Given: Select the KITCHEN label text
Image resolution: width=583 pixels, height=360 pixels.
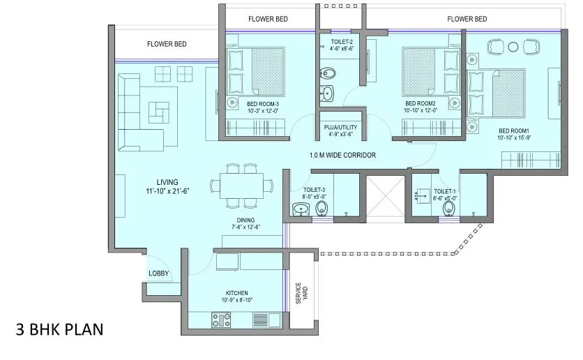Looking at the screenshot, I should click(237, 293).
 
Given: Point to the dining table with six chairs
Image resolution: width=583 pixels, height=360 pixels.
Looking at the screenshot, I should click(242, 185).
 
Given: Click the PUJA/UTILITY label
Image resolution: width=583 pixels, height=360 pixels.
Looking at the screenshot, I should click(340, 127).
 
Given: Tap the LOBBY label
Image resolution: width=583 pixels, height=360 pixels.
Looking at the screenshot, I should click(158, 273).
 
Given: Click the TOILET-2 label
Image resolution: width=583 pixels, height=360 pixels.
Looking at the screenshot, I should click(341, 43).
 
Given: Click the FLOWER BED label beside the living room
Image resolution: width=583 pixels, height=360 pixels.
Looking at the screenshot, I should click(167, 44).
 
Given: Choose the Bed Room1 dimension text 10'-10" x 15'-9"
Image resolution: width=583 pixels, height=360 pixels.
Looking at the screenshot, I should click(514, 137).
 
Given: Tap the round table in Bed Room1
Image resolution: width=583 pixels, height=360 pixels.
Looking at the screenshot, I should click(513, 47).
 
